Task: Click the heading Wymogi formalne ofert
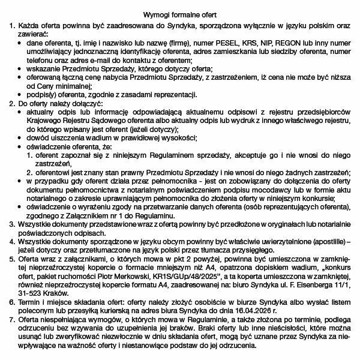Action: tap(180, 14)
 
